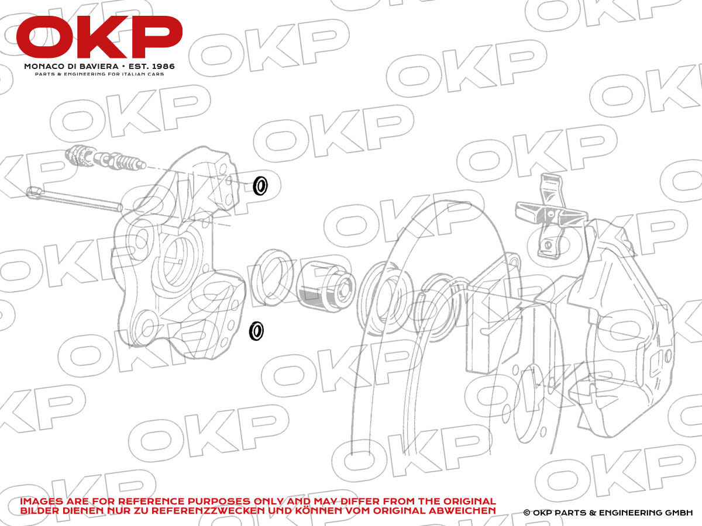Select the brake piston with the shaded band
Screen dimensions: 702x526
click(x=325, y=286)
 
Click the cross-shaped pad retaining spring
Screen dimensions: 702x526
click(x=550, y=214)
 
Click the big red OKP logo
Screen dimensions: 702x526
click(x=99, y=37)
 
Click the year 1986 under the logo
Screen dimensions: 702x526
click(x=163, y=67)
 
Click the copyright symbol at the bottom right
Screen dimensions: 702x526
click(x=526, y=513)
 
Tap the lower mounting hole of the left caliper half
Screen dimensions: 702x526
click(x=148, y=326)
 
